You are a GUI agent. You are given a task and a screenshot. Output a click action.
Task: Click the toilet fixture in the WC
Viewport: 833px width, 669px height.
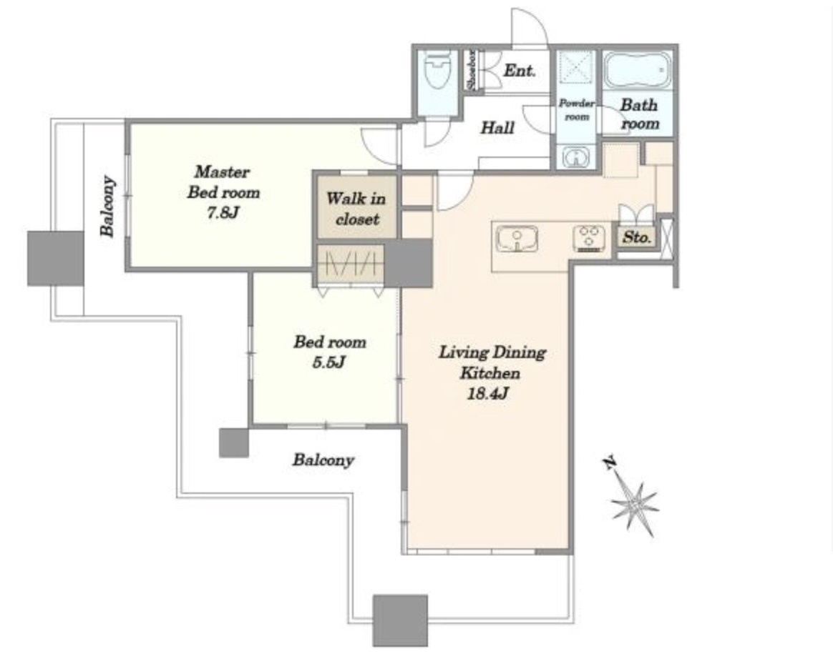438,71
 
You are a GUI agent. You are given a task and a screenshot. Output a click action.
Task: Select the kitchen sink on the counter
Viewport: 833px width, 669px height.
517,238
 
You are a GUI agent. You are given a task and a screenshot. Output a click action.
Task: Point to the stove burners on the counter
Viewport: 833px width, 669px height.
589,238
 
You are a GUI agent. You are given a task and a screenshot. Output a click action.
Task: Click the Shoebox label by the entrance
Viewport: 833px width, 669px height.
472,70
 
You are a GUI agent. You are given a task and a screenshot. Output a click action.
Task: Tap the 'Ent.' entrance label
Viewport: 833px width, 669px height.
519,70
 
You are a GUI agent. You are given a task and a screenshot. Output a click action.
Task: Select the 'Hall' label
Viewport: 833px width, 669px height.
497,127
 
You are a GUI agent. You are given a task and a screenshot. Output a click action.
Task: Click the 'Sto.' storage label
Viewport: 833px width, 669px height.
636,237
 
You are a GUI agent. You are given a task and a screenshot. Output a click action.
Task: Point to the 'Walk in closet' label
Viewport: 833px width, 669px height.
356,209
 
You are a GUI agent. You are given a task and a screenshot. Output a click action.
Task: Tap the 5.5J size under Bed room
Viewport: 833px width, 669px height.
329,362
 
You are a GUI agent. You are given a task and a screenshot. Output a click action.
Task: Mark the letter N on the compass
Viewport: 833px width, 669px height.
610,462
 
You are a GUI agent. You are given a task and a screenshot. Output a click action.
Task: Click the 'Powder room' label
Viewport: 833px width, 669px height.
577,110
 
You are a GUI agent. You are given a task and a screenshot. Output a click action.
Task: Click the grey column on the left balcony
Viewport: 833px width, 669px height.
56,258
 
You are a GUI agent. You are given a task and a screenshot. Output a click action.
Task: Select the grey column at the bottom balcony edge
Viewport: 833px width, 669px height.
400,620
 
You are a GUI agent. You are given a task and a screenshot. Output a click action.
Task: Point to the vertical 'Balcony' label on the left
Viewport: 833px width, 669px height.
108,206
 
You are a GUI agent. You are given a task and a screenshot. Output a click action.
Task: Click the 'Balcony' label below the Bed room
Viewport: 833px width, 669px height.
323,460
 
